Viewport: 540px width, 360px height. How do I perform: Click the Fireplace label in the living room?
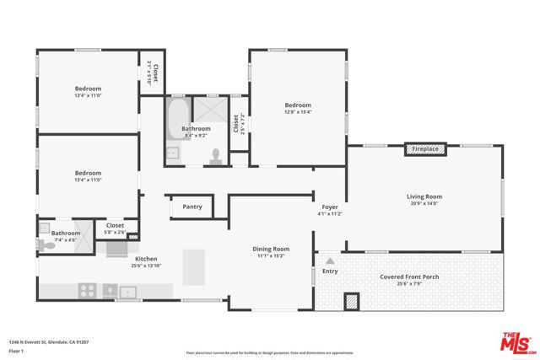click(x=424, y=149)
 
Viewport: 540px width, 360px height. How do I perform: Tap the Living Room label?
click(x=424, y=196)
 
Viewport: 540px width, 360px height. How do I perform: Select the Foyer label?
click(x=330, y=207)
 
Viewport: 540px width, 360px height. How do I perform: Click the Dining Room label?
click(x=271, y=249)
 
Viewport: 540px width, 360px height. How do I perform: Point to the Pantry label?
click(x=192, y=207)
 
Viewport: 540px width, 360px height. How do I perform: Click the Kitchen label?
click(x=147, y=259)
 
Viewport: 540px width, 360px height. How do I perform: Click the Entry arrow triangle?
click(x=330, y=261)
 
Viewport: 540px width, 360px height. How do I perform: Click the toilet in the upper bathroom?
click(x=217, y=155)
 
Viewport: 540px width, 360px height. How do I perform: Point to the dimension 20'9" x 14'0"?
click(x=424, y=204)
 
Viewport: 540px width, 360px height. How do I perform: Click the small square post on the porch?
click(x=352, y=300)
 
